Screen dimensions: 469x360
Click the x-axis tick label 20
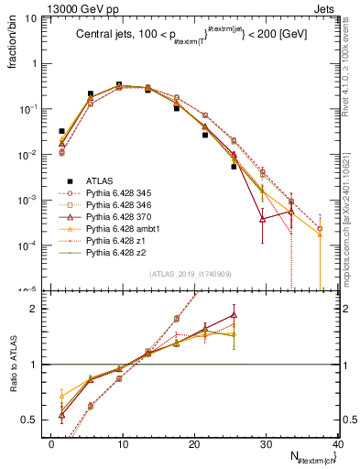point(194,444)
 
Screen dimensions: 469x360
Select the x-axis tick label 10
point(123,444)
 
